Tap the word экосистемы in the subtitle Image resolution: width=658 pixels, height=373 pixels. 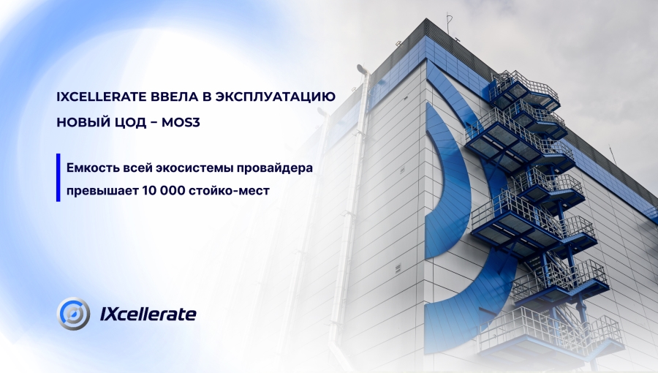point(196,168)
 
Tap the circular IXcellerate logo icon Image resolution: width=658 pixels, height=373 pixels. point(73,314)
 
